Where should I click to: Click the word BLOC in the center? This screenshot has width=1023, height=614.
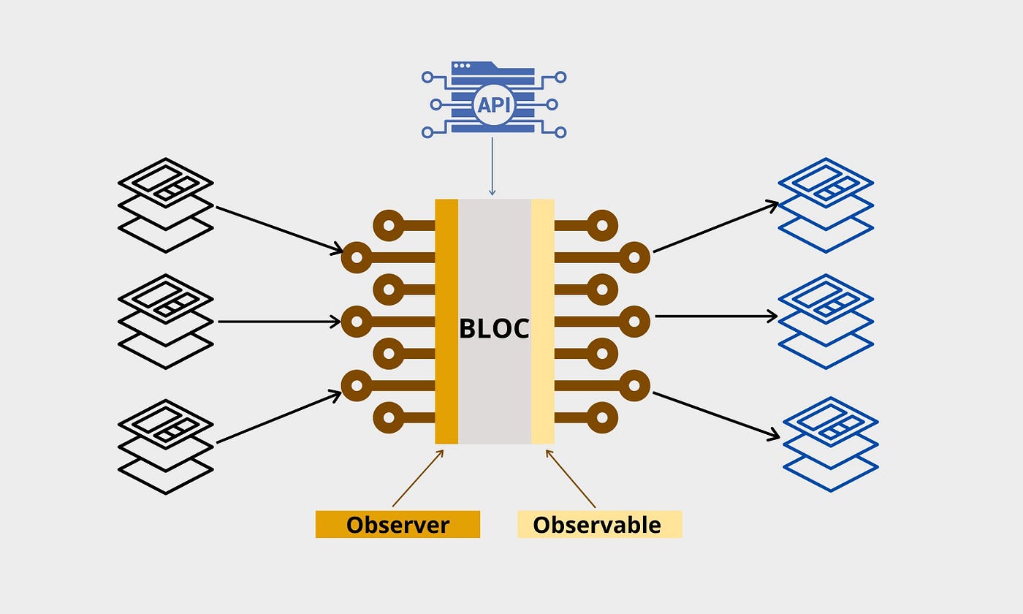(x=494, y=328)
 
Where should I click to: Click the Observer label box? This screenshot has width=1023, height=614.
(x=398, y=524)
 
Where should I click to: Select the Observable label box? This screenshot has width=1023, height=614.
(x=599, y=524)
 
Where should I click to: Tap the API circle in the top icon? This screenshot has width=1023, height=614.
(x=494, y=105)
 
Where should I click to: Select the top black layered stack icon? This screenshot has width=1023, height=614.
(x=165, y=205)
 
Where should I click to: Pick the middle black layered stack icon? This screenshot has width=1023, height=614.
(x=165, y=322)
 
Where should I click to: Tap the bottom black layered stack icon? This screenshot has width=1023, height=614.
(x=165, y=446)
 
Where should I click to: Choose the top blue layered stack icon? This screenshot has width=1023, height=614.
(x=826, y=205)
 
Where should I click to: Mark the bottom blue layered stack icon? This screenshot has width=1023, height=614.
(x=830, y=444)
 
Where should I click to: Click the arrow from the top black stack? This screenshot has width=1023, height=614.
(x=280, y=230)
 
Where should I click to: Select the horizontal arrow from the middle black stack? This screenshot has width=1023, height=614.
(x=280, y=321)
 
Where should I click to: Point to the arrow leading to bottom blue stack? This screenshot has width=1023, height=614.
(x=716, y=415)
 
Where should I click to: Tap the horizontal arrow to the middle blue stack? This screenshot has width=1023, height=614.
(x=716, y=316)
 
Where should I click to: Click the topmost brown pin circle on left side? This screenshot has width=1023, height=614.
(x=389, y=225)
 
